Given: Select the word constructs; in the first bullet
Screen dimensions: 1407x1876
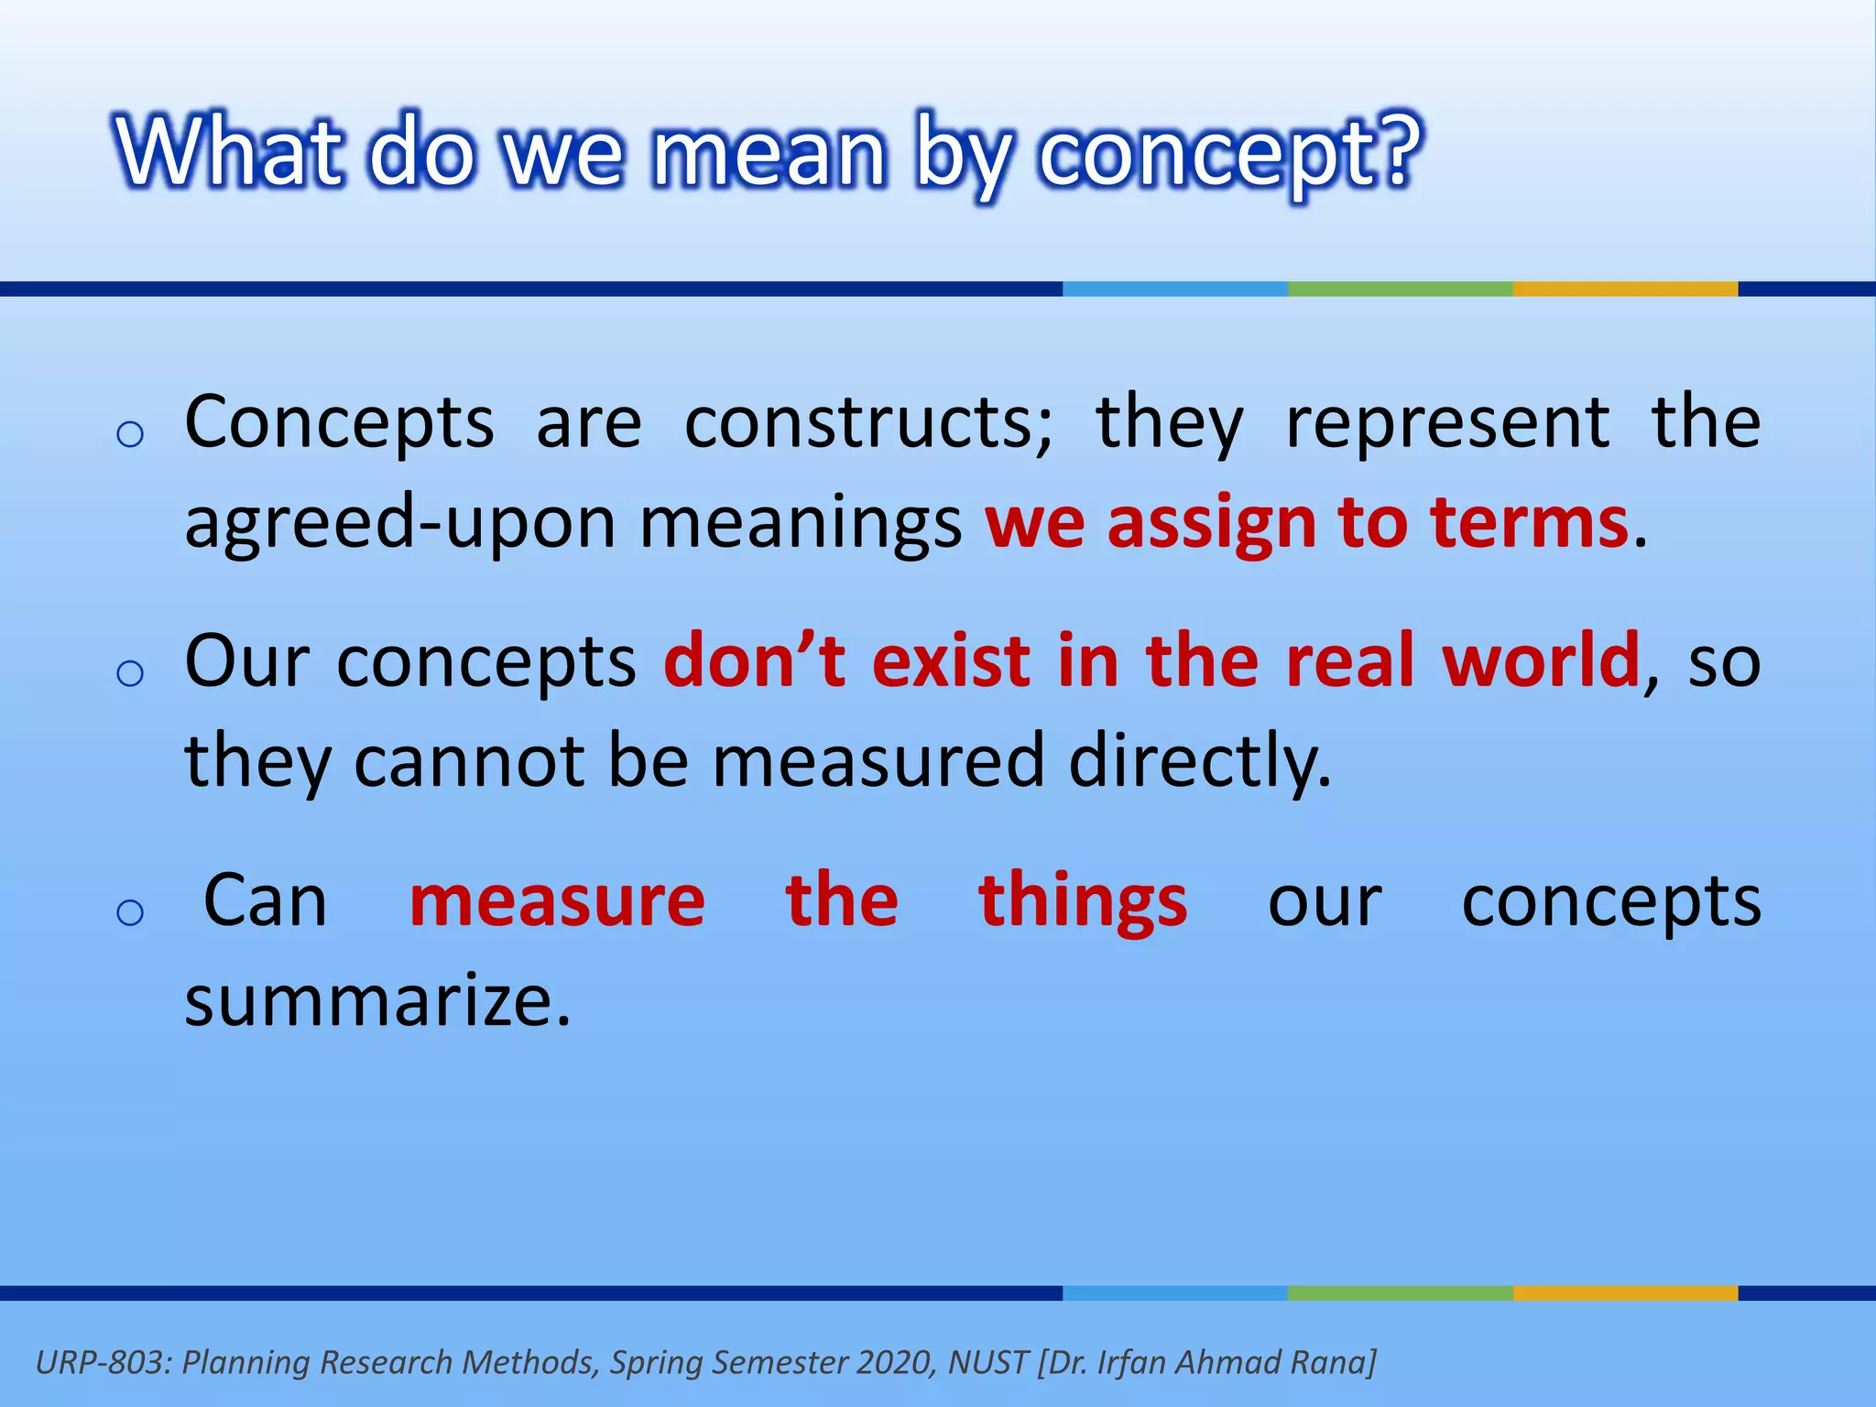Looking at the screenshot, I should tap(868, 423).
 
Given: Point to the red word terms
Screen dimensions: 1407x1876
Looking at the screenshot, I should tap(1530, 522).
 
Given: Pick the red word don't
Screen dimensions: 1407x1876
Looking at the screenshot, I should tap(756, 660).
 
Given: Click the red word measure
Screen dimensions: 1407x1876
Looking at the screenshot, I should tap(557, 901).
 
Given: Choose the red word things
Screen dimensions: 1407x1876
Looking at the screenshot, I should tap(1083, 903).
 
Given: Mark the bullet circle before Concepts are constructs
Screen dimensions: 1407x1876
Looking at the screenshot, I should tap(130, 434).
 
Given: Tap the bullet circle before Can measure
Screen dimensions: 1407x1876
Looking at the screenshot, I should tap(130, 912).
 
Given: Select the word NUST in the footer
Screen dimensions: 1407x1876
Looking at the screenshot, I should tap(987, 1363).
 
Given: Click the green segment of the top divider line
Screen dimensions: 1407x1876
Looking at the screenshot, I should tap(1400, 289).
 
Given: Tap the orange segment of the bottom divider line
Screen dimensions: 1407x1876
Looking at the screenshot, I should tap(1625, 1292).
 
